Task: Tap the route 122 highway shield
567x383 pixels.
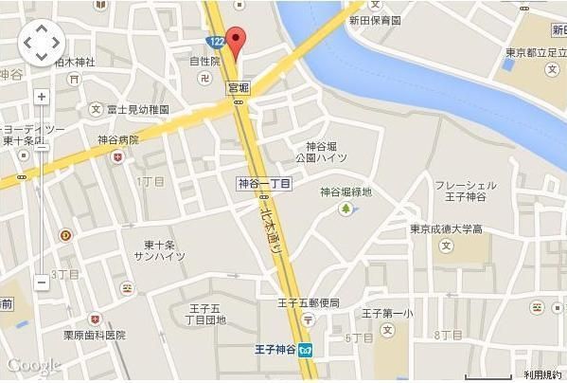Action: click(x=217, y=41)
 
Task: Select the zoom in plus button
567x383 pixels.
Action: click(x=42, y=97)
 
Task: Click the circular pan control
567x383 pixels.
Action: click(x=41, y=43)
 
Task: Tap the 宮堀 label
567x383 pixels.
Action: click(x=239, y=86)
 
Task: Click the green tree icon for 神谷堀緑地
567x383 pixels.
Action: click(x=346, y=208)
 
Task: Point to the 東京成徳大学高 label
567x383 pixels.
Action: click(x=446, y=229)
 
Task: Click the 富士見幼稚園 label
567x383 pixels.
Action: click(x=138, y=110)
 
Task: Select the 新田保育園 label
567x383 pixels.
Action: click(x=375, y=20)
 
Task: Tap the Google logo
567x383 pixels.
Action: click(x=32, y=365)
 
